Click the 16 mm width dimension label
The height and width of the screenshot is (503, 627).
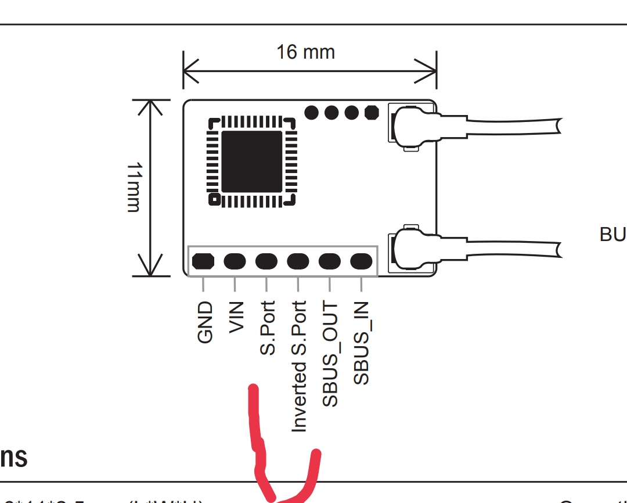[305, 52]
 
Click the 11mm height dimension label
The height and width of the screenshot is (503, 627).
[134, 187]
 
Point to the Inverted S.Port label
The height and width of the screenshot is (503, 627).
[298, 366]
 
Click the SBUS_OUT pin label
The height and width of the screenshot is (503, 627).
[330, 354]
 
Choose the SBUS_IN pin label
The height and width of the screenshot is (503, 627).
[361, 343]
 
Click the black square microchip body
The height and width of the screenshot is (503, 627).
[252, 161]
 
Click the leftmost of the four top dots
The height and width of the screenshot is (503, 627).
[312, 112]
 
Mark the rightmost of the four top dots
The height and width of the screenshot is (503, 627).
[372, 112]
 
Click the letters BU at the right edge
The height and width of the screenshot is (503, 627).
[612, 235]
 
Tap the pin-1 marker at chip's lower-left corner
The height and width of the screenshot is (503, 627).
[214, 200]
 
